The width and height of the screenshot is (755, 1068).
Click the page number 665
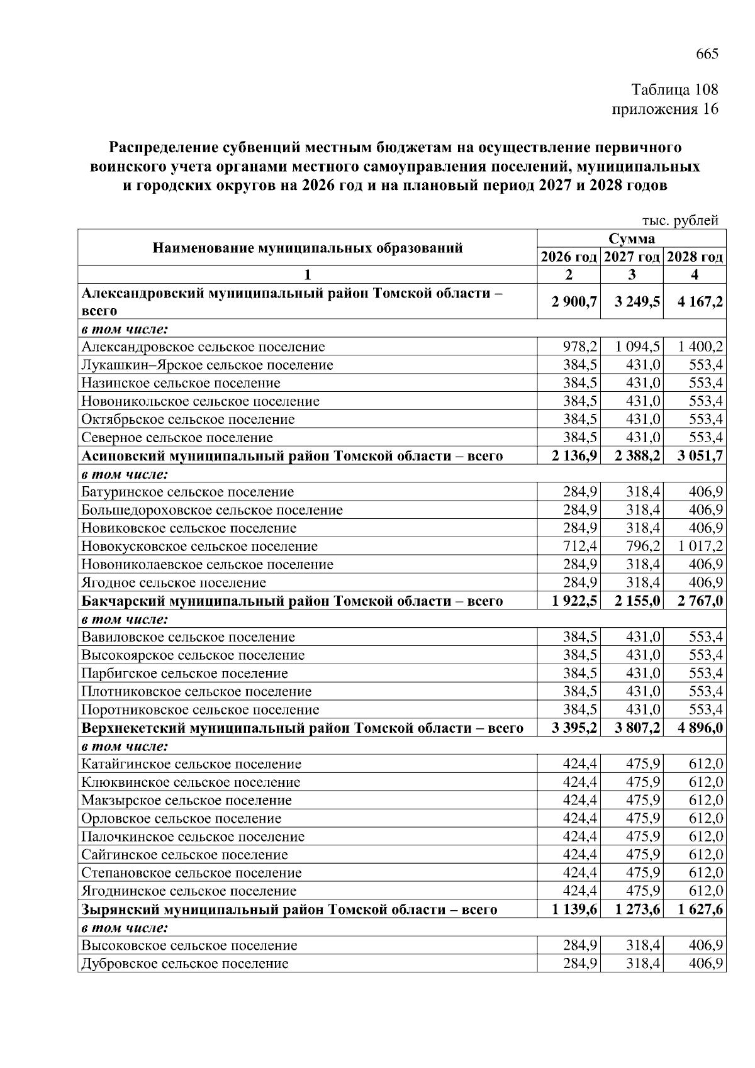707,53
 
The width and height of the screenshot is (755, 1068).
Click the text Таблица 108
674,89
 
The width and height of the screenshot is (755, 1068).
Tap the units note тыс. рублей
679,220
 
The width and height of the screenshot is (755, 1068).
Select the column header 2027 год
632,257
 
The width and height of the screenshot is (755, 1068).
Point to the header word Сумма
632,238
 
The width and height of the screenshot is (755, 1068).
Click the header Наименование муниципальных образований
308,247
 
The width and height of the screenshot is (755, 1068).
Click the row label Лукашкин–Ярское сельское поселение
207,365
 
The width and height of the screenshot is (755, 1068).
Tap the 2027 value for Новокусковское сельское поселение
642,546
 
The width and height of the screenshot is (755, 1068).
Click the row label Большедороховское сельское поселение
212,509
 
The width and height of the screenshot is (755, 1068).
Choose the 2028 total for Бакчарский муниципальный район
700,601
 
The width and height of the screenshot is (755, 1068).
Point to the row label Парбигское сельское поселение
184,673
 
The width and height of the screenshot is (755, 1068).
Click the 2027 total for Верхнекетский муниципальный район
637,728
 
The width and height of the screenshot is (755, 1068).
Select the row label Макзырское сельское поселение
186,800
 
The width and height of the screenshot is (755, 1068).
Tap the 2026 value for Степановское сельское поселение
580,872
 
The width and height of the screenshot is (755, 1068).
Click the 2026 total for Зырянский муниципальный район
574,909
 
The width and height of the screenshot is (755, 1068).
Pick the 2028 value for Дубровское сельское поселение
705,964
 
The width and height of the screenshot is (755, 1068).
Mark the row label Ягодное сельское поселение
174,582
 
